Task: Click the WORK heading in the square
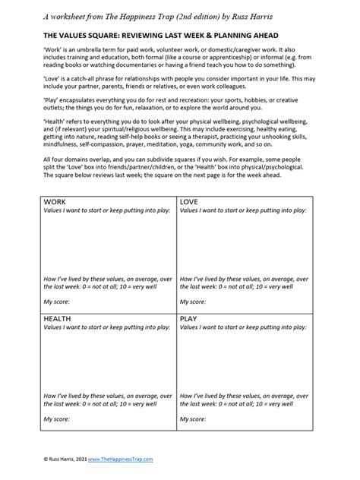tap(56, 201)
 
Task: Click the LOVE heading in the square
tap(190, 201)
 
